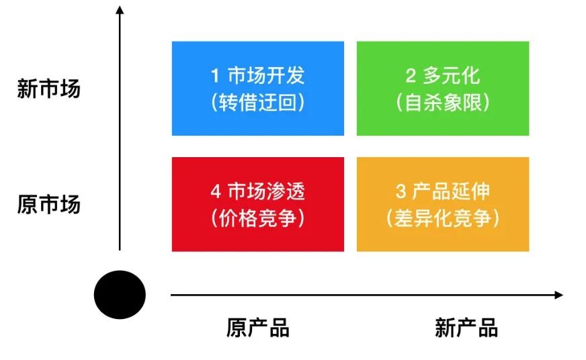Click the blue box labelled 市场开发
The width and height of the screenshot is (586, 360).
(257, 88)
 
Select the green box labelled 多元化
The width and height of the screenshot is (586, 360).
(442, 88)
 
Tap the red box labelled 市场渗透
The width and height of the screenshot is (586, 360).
(257, 204)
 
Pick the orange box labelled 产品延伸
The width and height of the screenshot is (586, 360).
(442, 204)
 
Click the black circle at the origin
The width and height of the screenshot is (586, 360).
(120, 294)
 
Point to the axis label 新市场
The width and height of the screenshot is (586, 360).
(48, 89)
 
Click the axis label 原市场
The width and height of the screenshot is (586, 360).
(48, 204)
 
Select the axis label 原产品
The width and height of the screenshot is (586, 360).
(257, 328)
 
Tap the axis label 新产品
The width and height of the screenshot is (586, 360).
(466, 328)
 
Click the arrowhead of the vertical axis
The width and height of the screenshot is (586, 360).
(120, 10)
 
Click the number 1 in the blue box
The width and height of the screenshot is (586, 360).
(215, 75)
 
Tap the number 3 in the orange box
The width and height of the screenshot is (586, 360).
(401, 191)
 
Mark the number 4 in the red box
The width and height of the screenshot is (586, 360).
(215, 191)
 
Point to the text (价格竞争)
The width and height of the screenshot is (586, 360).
(257, 218)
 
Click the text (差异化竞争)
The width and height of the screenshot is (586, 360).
(442, 218)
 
